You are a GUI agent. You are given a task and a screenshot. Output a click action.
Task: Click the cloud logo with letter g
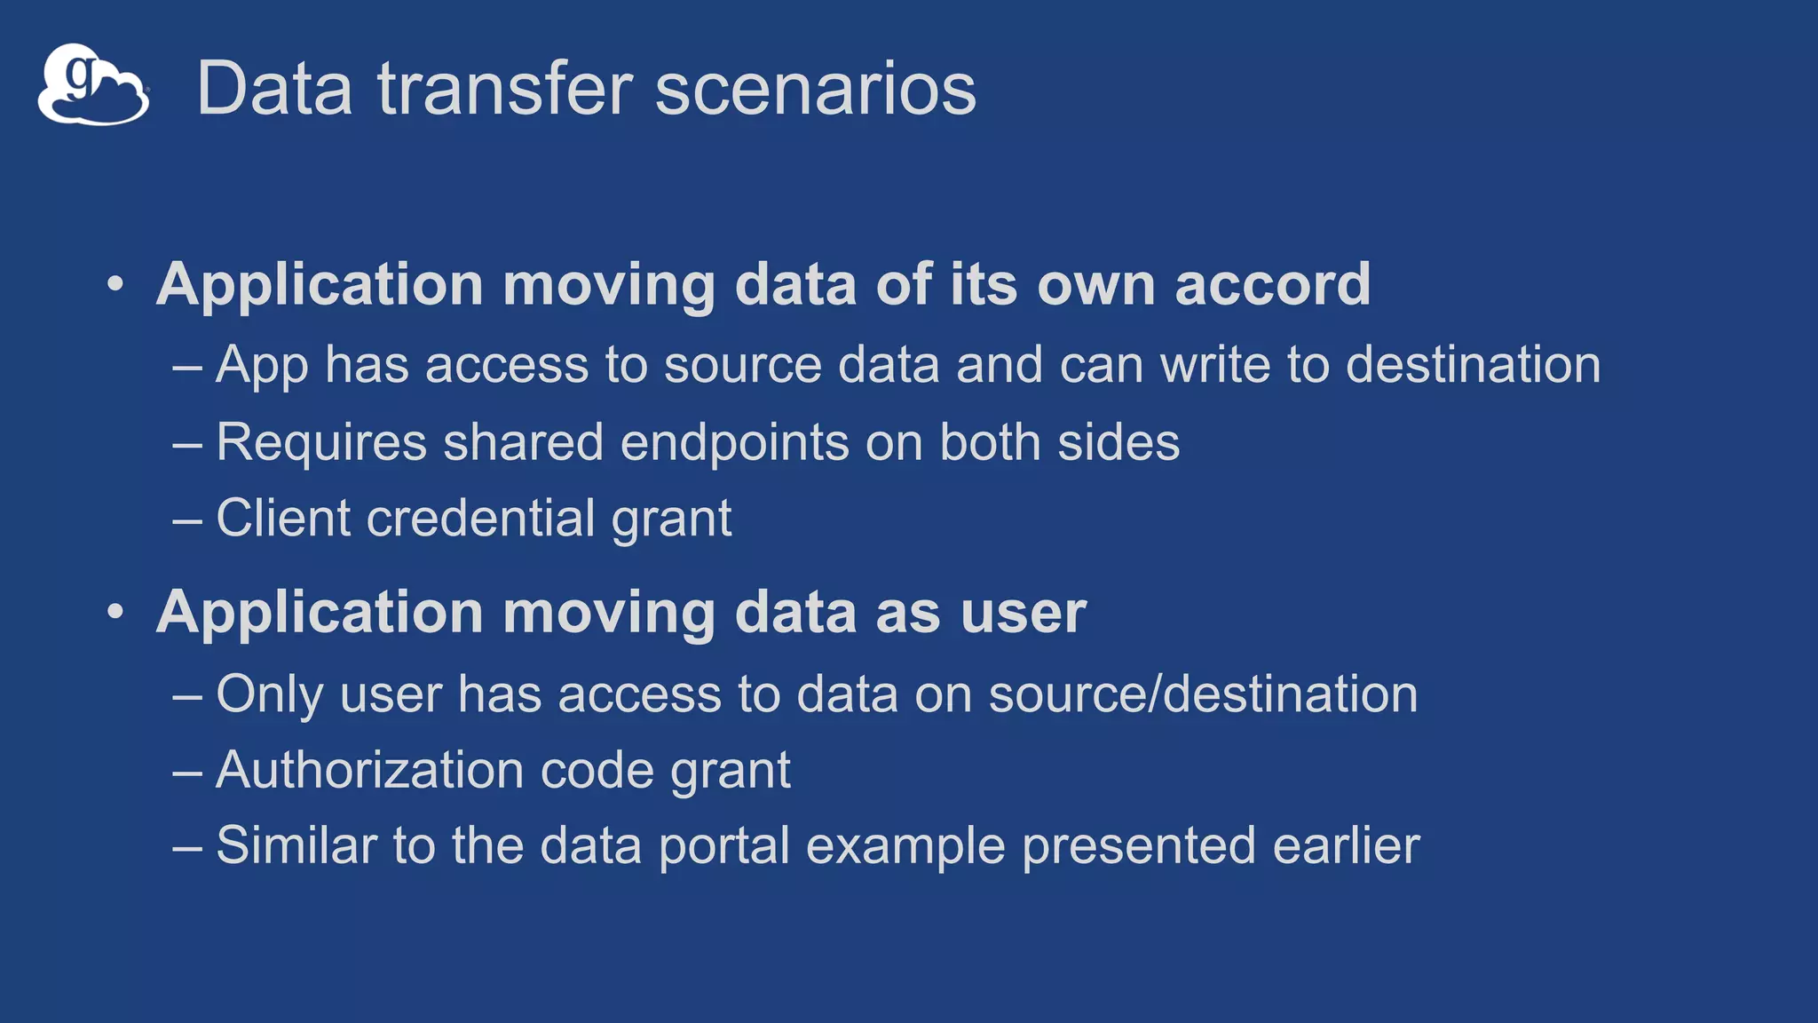point(92,85)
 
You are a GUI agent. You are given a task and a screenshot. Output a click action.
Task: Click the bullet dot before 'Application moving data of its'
point(115,285)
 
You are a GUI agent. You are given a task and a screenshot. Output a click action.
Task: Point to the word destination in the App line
point(1473,365)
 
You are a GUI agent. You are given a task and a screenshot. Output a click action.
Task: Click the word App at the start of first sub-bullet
point(262,367)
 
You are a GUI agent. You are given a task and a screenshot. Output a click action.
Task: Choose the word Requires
point(321,443)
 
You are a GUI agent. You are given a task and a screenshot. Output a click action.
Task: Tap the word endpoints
point(734,443)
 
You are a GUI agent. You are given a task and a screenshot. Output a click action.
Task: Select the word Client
point(283,518)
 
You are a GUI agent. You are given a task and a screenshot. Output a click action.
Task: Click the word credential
point(480,519)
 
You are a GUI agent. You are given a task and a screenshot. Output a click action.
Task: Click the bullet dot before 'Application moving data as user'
point(115,613)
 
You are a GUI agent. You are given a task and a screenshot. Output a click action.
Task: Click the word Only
point(269,695)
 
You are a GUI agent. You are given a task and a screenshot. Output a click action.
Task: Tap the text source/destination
point(1203,694)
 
